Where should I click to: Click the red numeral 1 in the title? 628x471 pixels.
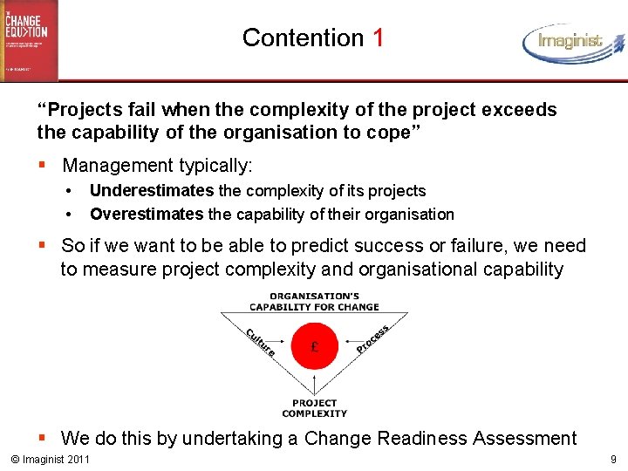point(377,38)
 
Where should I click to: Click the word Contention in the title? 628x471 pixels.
point(303,38)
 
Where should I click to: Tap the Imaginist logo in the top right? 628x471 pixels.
point(574,41)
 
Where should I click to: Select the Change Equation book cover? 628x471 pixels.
point(29,40)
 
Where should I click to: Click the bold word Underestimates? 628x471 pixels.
point(151,190)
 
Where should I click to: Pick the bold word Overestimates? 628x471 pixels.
point(147,214)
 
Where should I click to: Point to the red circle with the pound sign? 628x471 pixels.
point(314,346)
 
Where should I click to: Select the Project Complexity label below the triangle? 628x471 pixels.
point(314,407)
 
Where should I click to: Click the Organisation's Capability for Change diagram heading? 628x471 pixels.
point(314,301)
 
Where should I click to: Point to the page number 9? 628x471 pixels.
point(614,459)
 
